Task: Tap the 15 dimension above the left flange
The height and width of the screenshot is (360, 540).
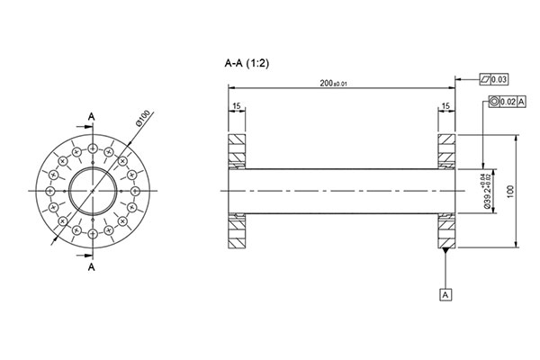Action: click(x=236, y=107)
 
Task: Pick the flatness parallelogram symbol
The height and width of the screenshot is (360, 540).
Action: click(x=485, y=80)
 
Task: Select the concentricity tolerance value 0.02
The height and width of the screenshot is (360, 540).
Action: click(x=508, y=102)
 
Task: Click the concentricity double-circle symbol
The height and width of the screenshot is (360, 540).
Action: click(x=494, y=102)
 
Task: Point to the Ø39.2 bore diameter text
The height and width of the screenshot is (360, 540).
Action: click(x=487, y=190)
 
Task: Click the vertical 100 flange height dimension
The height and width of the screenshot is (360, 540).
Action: click(x=510, y=191)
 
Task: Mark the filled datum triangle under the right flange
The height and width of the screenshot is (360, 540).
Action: click(x=446, y=250)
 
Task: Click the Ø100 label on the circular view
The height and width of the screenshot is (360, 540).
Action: click(x=144, y=119)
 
